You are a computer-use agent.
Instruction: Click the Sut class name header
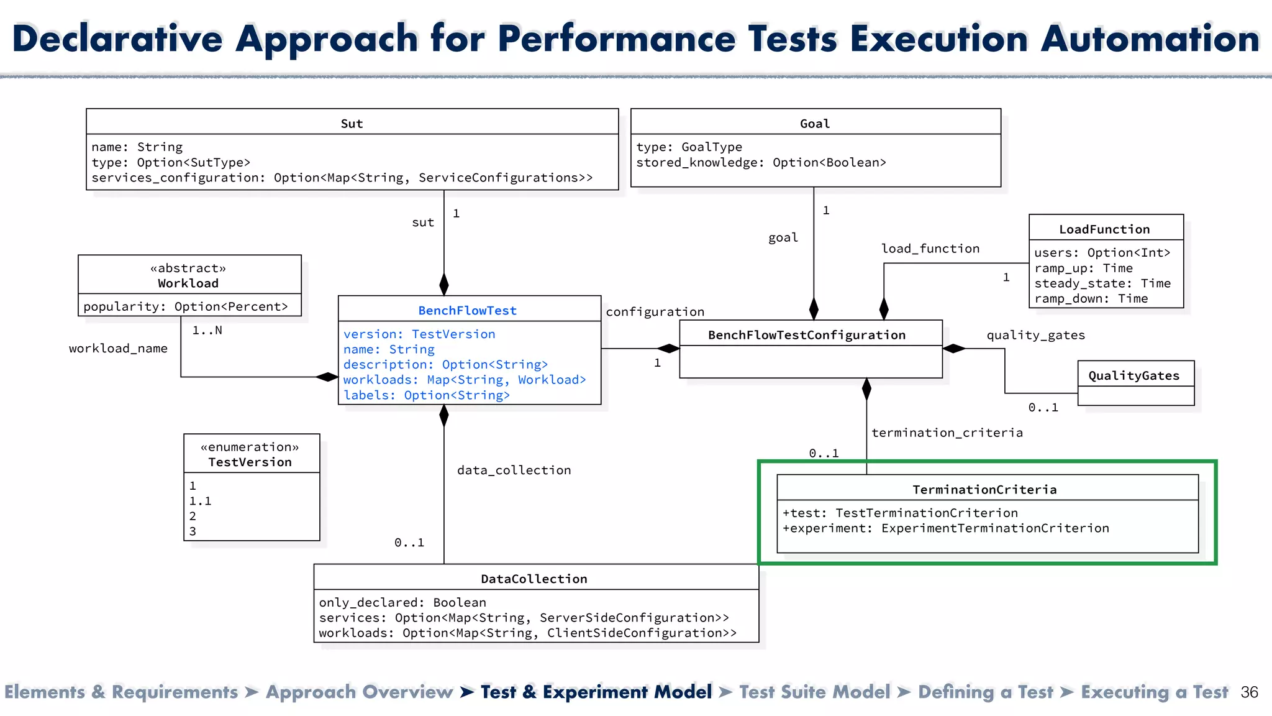(352, 123)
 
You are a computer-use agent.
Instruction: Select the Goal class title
(814, 123)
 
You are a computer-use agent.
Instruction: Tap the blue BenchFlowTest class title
(467, 310)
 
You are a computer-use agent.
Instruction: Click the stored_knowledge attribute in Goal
(761, 162)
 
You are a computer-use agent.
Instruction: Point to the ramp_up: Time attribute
(1083, 268)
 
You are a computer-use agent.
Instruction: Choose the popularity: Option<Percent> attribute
(186, 306)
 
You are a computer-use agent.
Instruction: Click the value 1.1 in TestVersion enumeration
(200, 501)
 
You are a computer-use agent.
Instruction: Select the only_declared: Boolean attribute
(402, 602)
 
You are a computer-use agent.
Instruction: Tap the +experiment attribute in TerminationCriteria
(945, 528)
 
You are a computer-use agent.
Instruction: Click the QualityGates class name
(1133, 375)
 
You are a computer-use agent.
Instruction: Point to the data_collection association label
(514, 470)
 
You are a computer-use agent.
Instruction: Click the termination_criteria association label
(947, 433)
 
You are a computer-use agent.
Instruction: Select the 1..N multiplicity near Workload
(207, 330)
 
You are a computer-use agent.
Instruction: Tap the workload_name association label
(118, 348)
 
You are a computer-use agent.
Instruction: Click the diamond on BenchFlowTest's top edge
(444, 284)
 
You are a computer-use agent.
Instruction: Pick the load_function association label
(930, 249)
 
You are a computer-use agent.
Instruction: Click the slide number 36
(1249, 692)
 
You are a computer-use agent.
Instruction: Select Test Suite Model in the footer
(814, 692)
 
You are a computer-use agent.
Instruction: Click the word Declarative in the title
(117, 39)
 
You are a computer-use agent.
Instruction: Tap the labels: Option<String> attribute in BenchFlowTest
(426, 395)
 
